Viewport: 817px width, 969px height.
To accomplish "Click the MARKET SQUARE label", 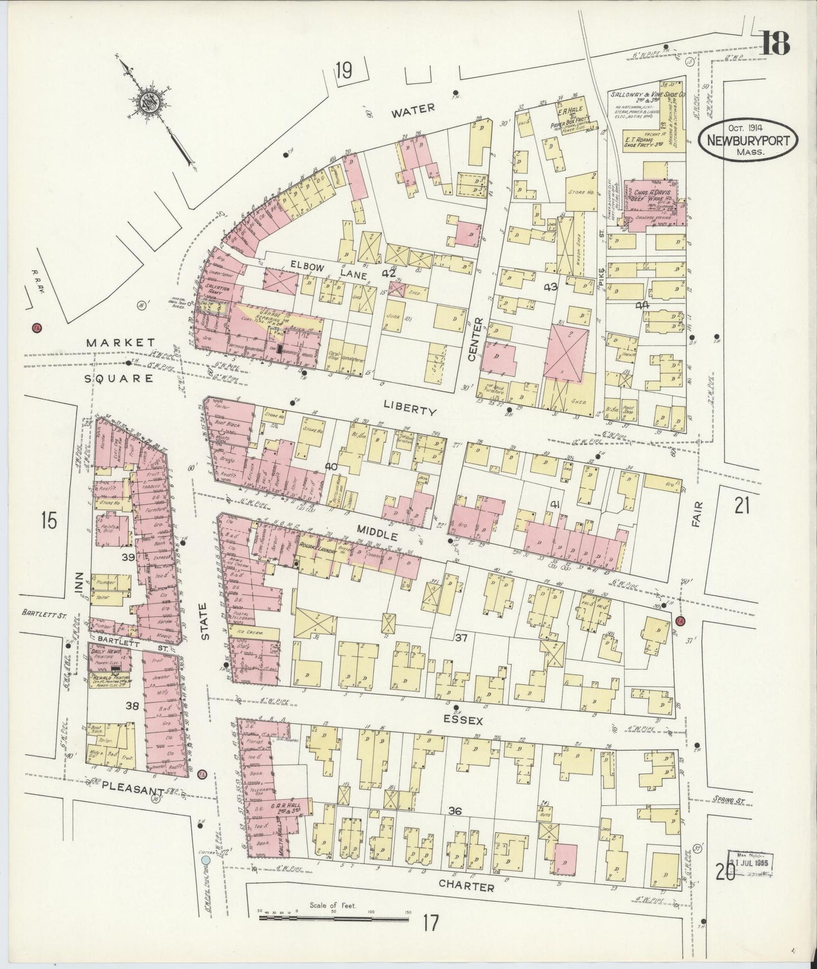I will click(120, 360).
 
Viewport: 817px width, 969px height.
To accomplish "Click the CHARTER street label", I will click(467, 888).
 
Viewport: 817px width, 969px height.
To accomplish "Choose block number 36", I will click(455, 811).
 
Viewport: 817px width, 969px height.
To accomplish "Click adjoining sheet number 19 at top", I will click(343, 72).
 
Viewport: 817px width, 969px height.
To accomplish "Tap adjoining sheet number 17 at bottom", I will click(430, 923).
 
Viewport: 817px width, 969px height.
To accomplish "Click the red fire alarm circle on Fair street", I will click(680, 622).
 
